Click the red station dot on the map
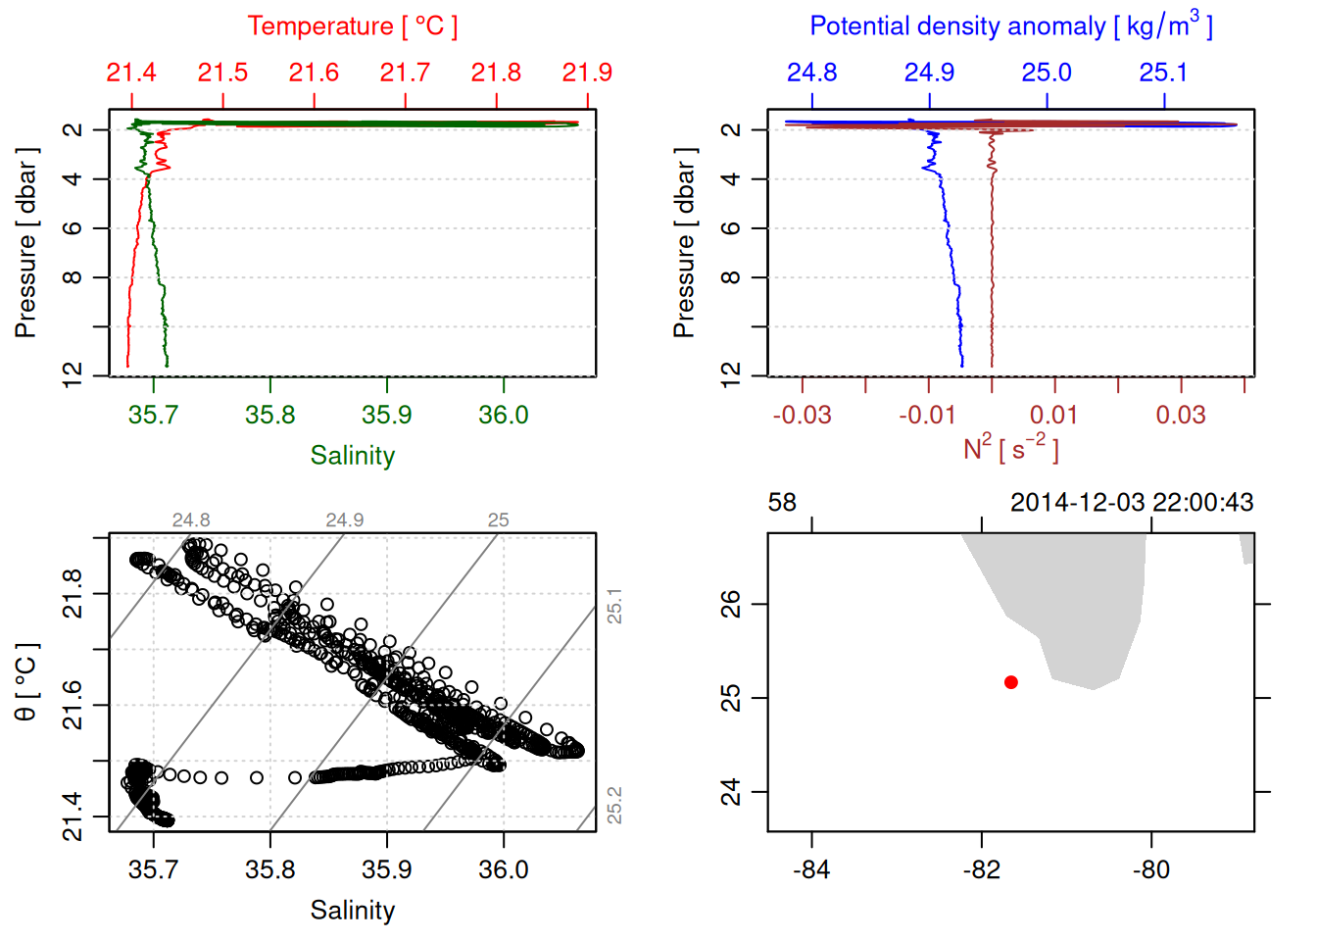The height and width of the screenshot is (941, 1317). pyautogui.click(x=1010, y=682)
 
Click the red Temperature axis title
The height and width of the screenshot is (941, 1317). pyautogui.click(x=352, y=26)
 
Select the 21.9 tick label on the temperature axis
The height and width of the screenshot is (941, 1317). pyautogui.click(x=587, y=73)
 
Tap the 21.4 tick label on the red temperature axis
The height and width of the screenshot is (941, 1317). pyautogui.click(x=131, y=73)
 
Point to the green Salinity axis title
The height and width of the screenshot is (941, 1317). pyautogui.click(x=352, y=456)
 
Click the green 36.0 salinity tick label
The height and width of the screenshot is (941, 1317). pyautogui.click(x=504, y=416)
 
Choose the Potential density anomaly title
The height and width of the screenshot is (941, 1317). pyautogui.click(x=1010, y=26)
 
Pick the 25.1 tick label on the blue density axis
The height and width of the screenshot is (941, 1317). pyautogui.click(x=1163, y=73)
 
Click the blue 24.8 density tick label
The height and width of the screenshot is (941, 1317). pyautogui.click(x=811, y=73)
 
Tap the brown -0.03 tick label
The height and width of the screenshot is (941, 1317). pyautogui.click(x=802, y=416)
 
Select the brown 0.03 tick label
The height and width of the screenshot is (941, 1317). pyautogui.click(x=1181, y=416)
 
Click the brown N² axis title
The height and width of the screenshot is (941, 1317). pyautogui.click(x=1010, y=449)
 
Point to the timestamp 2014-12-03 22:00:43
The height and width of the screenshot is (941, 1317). pyautogui.click(x=1132, y=503)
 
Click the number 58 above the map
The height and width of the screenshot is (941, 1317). pyautogui.click(x=782, y=503)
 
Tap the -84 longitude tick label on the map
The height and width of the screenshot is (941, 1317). pyautogui.click(x=811, y=869)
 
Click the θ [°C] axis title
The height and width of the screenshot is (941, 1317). pyautogui.click(x=26, y=682)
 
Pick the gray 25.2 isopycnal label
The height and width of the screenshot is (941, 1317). pyautogui.click(x=614, y=806)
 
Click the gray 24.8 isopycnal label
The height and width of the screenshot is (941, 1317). pyautogui.click(x=191, y=520)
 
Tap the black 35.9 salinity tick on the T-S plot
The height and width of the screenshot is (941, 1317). pyautogui.click(x=387, y=869)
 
